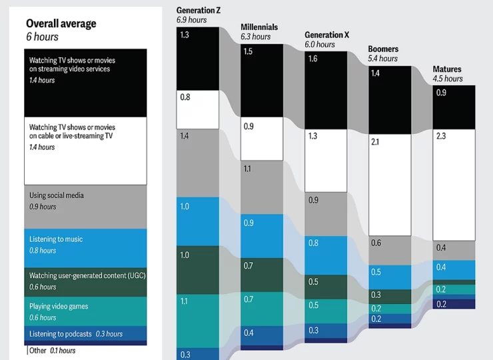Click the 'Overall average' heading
[x=61, y=24]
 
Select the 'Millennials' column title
[x=259, y=27]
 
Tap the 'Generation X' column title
[x=327, y=35]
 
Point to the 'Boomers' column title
[x=383, y=49]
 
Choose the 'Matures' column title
[x=447, y=69]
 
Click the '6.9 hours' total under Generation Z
[x=191, y=20]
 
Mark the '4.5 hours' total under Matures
[x=448, y=79]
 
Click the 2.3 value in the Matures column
[x=441, y=136]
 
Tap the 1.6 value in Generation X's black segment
[x=312, y=59]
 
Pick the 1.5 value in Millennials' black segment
[x=248, y=51]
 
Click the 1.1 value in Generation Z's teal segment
[x=184, y=301]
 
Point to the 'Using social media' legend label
[x=57, y=195]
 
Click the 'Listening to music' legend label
[x=56, y=239]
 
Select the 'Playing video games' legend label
[x=59, y=307]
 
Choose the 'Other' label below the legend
[x=39, y=351]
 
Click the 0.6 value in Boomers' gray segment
[x=376, y=243]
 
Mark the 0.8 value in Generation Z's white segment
[x=185, y=97]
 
